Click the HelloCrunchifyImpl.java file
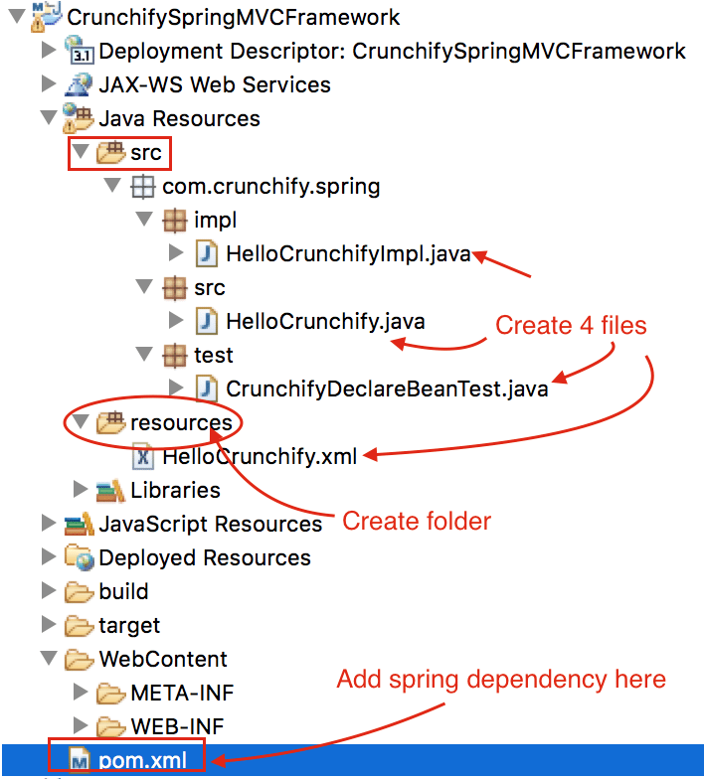point(347,253)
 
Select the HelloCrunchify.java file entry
point(325,321)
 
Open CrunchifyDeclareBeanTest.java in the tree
point(387,389)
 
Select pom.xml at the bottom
point(137,760)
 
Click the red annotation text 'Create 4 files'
point(571,325)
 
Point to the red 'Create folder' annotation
point(417,521)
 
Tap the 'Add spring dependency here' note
point(501,680)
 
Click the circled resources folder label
point(181,422)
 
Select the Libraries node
point(175,490)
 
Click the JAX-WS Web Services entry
point(214,84)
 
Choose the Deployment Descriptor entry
point(392,51)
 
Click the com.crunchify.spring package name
point(270,186)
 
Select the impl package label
point(216,220)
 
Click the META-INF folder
point(182,693)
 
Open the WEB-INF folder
point(182,726)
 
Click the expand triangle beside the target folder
point(48,625)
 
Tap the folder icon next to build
point(79,592)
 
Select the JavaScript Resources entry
point(210,524)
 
